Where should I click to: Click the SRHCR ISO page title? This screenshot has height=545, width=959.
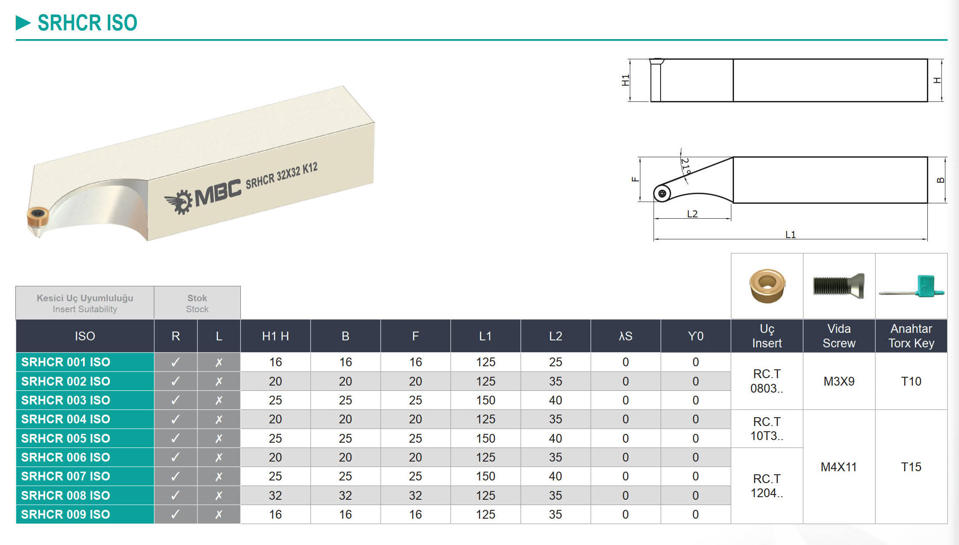pyautogui.click(x=87, y=23)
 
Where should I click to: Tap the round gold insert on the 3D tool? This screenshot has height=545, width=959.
pyautogui.click(x=38, y=217)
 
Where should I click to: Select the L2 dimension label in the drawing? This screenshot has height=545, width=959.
pyautogui.click(x=692, y=214)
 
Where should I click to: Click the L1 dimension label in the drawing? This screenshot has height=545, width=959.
pyautogui.click(x=790, y=235)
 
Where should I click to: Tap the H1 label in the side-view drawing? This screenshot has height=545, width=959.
pyautogui.click(x=625, y=80)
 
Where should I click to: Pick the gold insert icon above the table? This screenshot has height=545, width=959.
pyautogui.click(x=767, y=286)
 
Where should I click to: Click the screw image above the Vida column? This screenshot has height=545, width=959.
pyautogui.click(x=839, y=286)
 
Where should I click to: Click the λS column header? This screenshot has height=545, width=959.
pyautogui.click(x=625, y=336)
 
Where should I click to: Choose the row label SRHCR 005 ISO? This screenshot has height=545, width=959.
pyautogui.click(x=65, y=438)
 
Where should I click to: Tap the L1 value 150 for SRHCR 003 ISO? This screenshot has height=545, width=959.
pyautogui.click(x=486, y=400)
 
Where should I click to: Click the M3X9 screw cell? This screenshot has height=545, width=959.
pyautogui.click(x=839, y=381)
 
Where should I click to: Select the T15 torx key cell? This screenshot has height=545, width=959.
pyautogui.click(x=911, y=467)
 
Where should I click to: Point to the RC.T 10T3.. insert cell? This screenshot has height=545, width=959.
pyautogui.click(x=767, y=429)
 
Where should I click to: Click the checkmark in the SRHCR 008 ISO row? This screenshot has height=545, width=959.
pyautogui.click(x=175, y=495)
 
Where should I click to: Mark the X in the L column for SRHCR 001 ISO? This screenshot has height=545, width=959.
pyautogui.click(x=219, y=362)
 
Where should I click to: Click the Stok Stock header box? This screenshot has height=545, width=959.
pyautogui.click(x=197, y=303)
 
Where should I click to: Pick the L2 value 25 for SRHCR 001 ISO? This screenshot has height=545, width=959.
pyautogui.click(x=556, y=362)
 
